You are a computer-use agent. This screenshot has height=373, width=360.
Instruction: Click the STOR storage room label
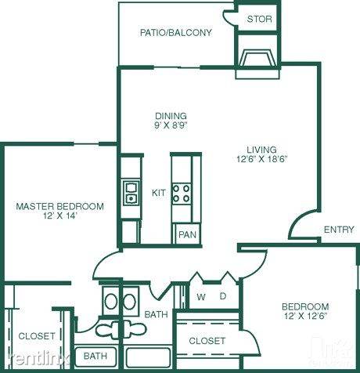click(x=259, y=19)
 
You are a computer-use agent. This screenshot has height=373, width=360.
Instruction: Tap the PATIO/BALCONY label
click(x=176, y=33)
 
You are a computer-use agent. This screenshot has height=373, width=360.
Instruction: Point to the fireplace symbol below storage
click(x=257, y=58)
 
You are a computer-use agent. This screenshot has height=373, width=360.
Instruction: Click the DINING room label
click(x=171, y=116)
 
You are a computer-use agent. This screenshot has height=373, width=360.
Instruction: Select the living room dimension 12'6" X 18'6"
click(x=261, y=159)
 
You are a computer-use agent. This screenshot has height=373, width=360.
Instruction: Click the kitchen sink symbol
click(x=131, y=193)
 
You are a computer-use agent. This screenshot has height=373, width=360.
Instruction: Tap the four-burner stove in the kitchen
click(x=182, y=194)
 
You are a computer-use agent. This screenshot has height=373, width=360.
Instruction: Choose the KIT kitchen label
click(x=158, y=193)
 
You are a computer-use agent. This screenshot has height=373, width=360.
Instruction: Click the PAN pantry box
click(x=188, y=234)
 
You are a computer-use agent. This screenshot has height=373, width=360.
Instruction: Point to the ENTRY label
click(x=339, y=230)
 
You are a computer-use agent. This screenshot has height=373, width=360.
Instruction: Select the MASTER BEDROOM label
click(x=60, y=206)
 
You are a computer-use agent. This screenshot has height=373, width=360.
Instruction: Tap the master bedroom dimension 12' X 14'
click(x=60, y=216)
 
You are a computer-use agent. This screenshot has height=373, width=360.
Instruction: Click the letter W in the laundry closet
click(x=201, y=297)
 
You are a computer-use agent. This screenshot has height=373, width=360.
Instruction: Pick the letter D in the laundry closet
click(x=223, y=296)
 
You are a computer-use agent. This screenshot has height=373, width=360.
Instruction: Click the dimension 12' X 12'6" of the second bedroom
click(x=305, y=316)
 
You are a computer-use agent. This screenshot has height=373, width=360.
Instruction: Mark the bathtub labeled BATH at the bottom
click(x=95, y=357)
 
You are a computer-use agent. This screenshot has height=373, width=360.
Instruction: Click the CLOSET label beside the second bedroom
click(x=207, y=341)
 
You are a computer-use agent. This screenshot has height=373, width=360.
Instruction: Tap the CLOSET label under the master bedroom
click(x=37, y=336)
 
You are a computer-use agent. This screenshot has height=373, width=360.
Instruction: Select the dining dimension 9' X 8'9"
click(x=171, y=125)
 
